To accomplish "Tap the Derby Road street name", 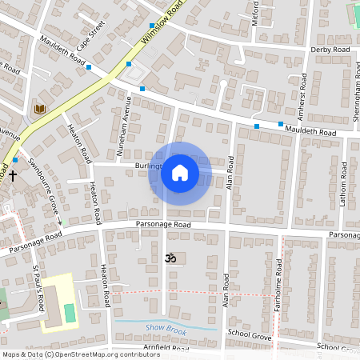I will (x=330, y=50).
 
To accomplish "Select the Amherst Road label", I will (x=303, y=94).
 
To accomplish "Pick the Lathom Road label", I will (x=342, y=186).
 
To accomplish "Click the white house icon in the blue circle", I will (x=180, y=173).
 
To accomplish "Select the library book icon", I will (x=39, y=109).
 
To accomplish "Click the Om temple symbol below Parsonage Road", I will (x=169, y=258).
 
